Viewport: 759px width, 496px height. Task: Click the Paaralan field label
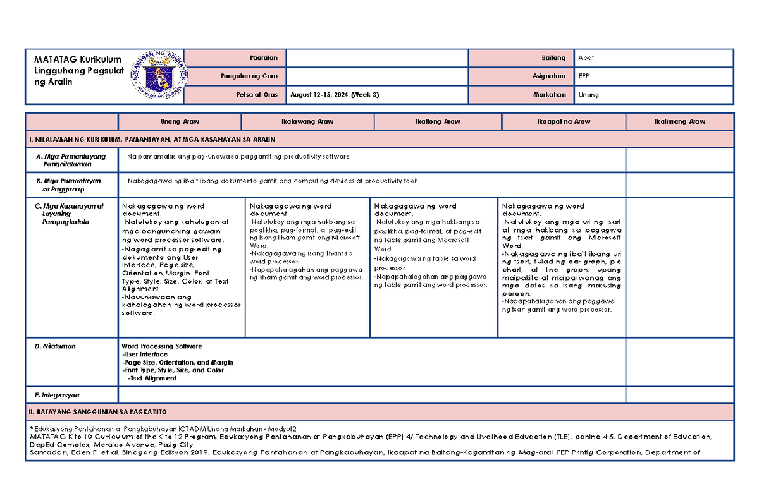[268, 58]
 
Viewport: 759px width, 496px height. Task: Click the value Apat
[586, 58]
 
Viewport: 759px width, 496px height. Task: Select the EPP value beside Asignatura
[584, 76]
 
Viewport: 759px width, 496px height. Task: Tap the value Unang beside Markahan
[588, 95]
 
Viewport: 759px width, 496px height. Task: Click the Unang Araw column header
[180, 121]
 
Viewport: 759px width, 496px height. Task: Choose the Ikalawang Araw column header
[307, 121]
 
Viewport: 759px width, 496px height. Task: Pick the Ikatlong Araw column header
[438, 121]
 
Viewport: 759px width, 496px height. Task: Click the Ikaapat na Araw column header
[564, 121]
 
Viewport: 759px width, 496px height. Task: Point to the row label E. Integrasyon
[58, 395]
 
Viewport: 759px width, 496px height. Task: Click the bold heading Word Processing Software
[162, 346]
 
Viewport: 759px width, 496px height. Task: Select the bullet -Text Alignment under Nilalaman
[152, 378]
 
